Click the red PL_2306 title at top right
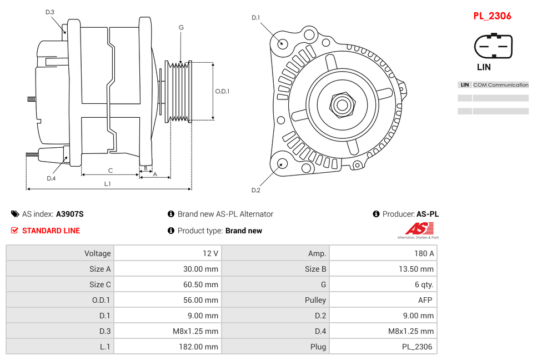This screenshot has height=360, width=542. click(x=492, y=16)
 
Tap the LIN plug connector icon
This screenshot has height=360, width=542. click(x=493, y=46)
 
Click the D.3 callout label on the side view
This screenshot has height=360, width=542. click(x=50, y=12)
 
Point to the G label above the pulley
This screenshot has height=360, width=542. click(x=181, y=27)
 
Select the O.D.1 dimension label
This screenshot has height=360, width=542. click(x=222, y=91)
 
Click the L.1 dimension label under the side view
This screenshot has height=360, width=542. click(x=108, y=184)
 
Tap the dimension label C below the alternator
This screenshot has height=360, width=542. click(x=110, y=171)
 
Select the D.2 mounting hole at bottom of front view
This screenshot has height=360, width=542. click(x=282, y=163)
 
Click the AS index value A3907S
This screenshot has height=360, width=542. click(x=69, y=214)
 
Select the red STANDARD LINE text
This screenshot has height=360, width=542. click(x=51, y=231)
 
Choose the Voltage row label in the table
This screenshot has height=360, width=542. click(x=97, y=253)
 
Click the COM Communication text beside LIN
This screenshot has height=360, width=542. click(x=500, y=85)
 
